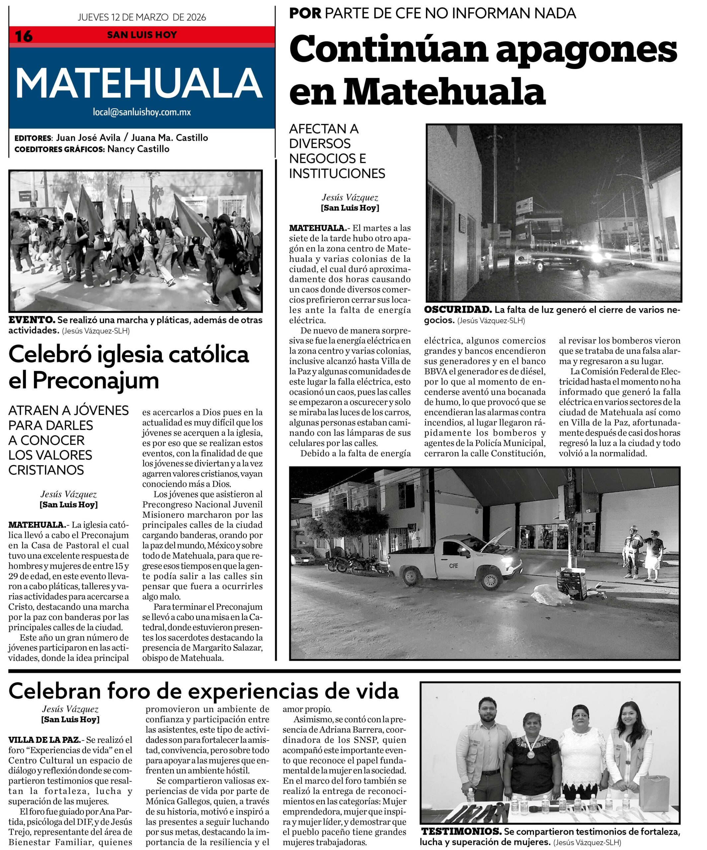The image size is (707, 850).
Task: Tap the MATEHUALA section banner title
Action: click(x=139, y=83)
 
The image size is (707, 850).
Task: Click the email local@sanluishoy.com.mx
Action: click(x=142, y=112)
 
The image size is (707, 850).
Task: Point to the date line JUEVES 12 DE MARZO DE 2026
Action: click(x=142, y=17)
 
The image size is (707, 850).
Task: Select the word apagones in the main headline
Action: click(x=587, y=50)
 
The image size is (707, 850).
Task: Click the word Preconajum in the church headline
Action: click(x=96, y=381)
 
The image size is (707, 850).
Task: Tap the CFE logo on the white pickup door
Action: click(x=453, y=565)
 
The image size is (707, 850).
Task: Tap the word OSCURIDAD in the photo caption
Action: click(x=458, y=310)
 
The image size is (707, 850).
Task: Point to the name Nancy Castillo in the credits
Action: click(x=138, y=149)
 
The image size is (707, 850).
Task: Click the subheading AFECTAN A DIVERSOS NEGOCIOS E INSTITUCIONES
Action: click(x=337, y=151)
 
